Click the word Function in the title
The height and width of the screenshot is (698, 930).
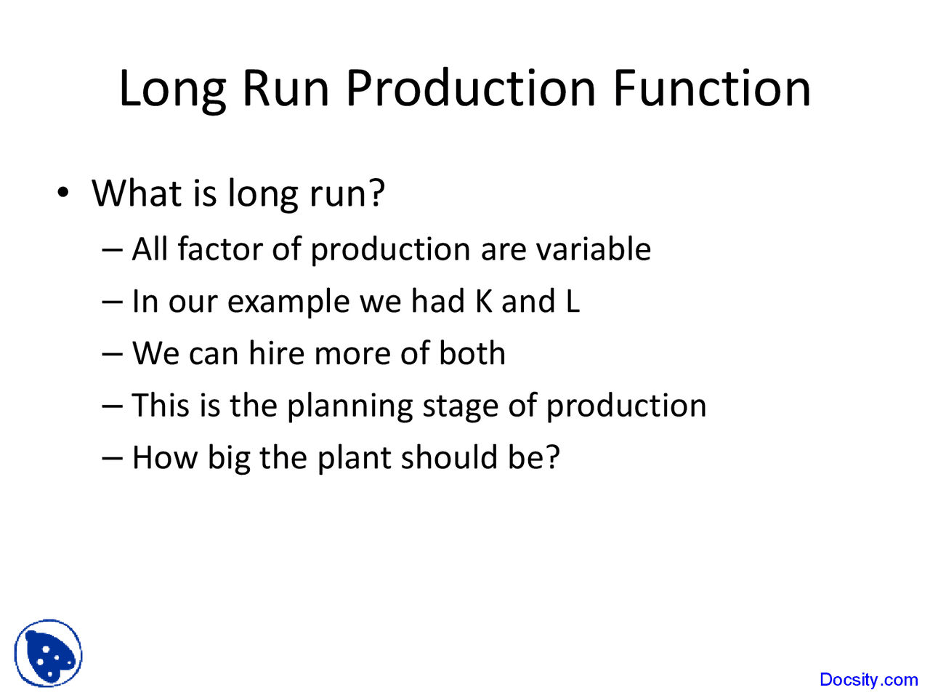[x=711, y=89]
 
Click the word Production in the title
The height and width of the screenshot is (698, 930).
[x=471, y=89]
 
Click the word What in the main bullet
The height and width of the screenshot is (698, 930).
[x=137, y=193]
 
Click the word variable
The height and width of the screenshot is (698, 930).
[x=593, y=249]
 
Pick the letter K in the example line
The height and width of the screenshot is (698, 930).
[x=484, y=301]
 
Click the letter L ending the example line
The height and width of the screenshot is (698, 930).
[x=573, y=301]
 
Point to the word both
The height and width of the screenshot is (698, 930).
[x=472, y=353]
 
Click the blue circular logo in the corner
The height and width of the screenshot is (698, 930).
[x=48, y=653]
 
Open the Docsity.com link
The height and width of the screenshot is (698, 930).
[x=868, y=680]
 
